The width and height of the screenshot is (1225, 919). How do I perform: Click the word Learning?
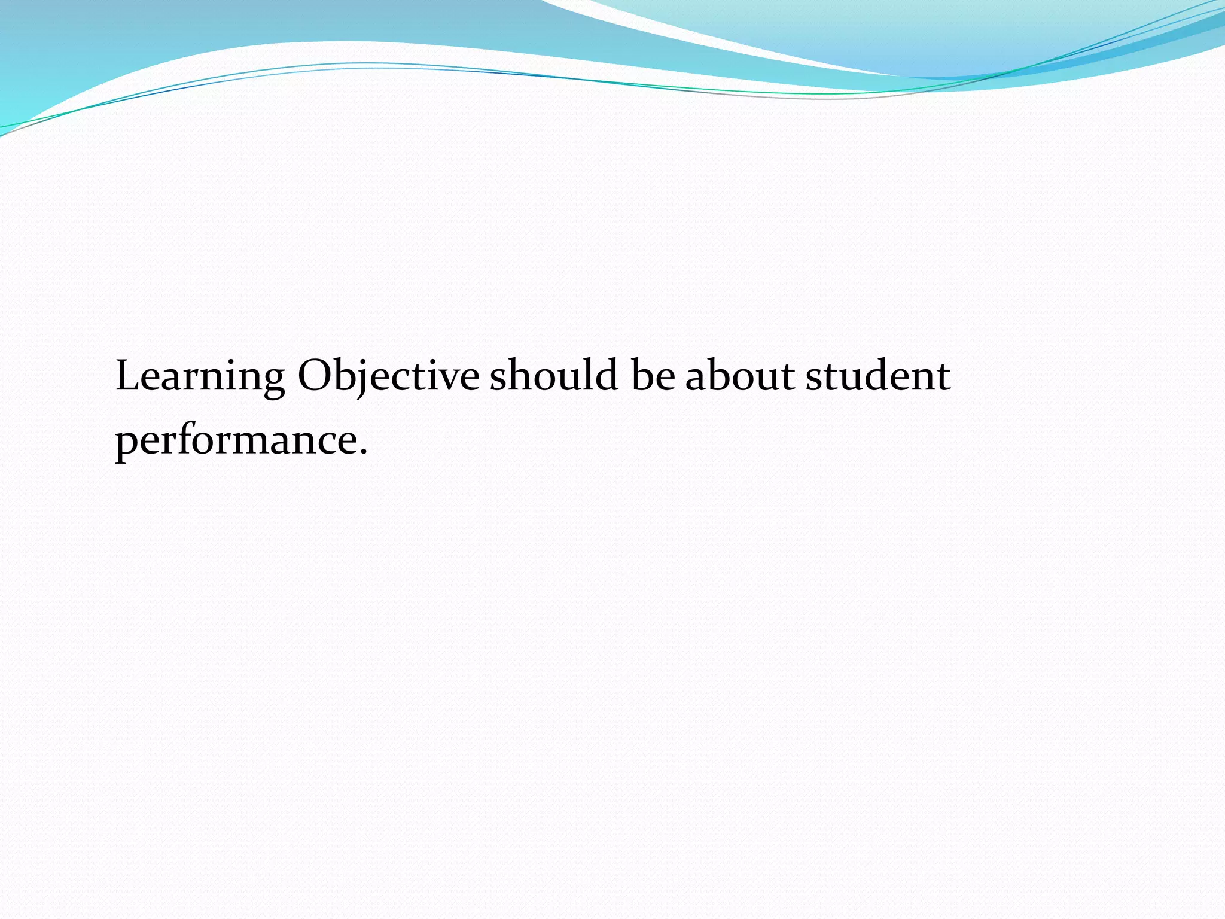[x=200, y=377]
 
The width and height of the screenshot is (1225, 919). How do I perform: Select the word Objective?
[x=388, y=377]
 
